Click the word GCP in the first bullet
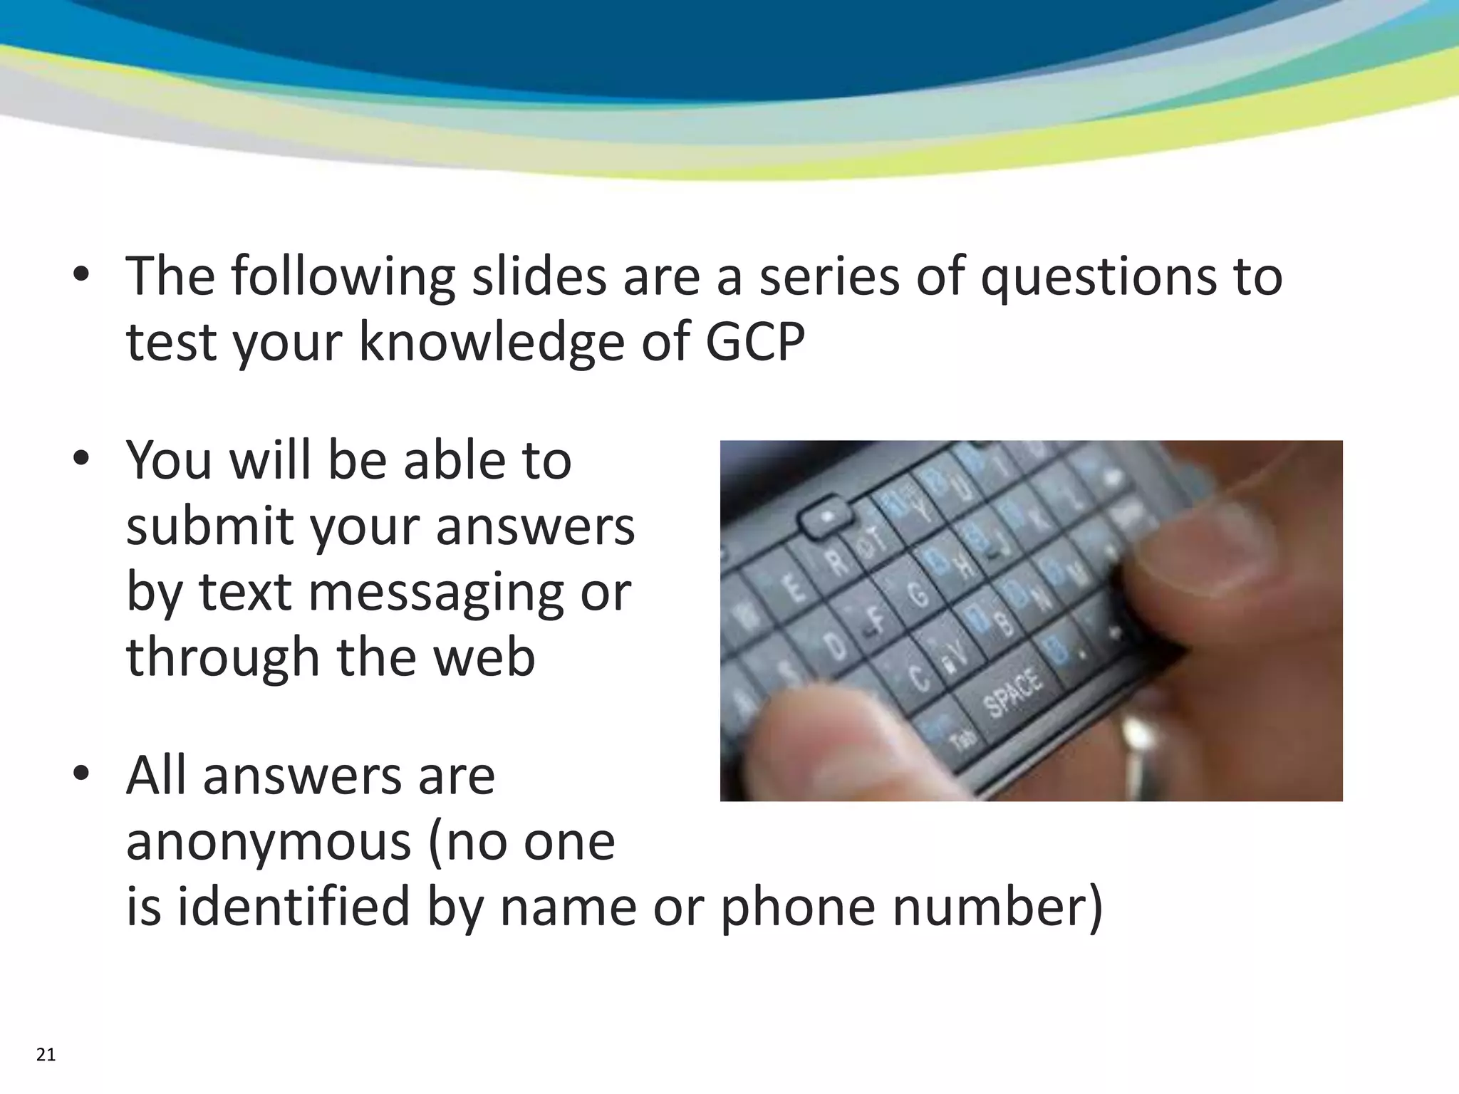pos(755,343)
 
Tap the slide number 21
pos(46,1055)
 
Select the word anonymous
pos(268,842)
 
